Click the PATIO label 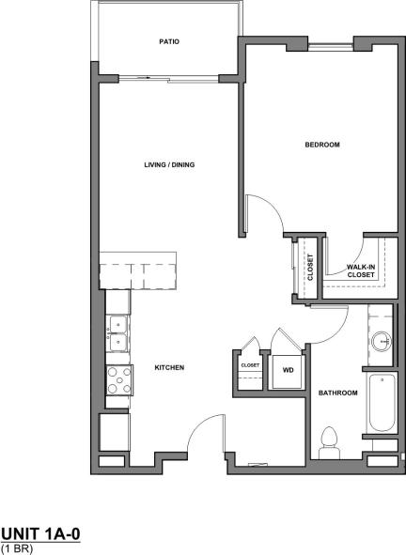[x=168, y=42]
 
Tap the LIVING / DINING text [x=168, y=164]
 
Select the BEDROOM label [x=321, y=145]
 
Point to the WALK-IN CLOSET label [x=361, y=270]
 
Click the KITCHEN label [x=168, y=367]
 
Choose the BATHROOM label [x=337, y=393]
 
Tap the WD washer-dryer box [x=288, y=370]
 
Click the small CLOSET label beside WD [x=250, y=364]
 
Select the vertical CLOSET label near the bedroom [x=310, y=267]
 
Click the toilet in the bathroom [x=330, y=442]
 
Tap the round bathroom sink [x=382, y=342]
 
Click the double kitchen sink [x=118, y=335]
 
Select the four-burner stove [x=118, y=379]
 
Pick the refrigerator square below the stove [x=115, y=433]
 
